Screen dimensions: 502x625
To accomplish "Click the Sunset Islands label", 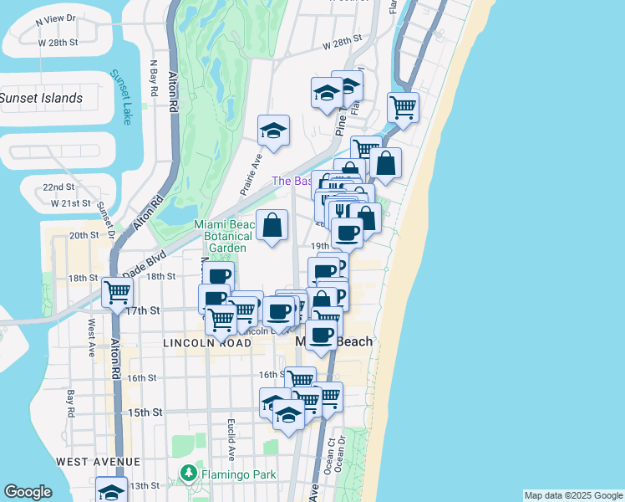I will (x=42, y=98).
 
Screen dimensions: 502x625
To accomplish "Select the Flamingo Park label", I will (x=241, y=475).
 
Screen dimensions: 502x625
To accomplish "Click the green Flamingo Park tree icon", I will (x=189, y=475).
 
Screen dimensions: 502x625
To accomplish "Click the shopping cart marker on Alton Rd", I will (x=118, y=293).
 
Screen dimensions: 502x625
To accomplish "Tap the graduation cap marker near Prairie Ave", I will (x=273, y=131).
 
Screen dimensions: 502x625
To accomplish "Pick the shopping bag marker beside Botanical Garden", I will (x=272, y=225).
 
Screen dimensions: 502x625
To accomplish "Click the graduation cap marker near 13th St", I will (x=111, y=490).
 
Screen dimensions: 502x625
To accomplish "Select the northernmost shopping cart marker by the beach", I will (x=404, y=106).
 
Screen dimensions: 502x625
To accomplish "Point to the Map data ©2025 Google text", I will (x=572, y=495).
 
